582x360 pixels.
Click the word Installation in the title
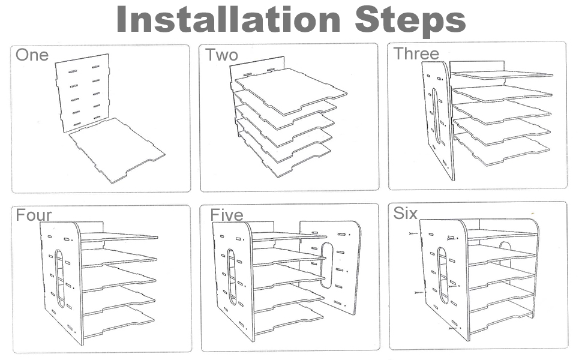[x=229, y=19]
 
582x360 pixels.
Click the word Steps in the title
[x=410, y=19]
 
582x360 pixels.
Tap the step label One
[x=32, y=55]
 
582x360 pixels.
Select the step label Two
[x=221, y=55]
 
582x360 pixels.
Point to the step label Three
[x=416, y=53]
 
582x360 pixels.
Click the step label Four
[x=34, y=215]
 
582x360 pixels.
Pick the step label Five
[x=226, y=214]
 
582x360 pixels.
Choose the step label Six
[x=405, y=213]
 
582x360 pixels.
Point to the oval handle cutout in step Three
[x=436, y=116]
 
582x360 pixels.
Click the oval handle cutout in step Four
[x=59, y=278]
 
